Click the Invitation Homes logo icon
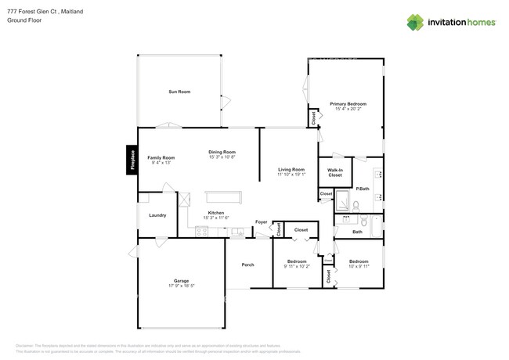click(x=415, y=22)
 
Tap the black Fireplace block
click(x=132, y=160)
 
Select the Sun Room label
click(x=179, y=92)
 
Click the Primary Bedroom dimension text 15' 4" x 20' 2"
click(x=348, y=109)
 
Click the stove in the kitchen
click(x=201, y=230)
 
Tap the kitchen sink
click(x=236, y=231)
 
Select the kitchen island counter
click(x=222, y=196)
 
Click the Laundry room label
click(x=157, y=214)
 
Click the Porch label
click(x=247, y=265)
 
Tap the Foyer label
click(x=262, y=222)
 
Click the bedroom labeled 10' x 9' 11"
click(x=358, y=264)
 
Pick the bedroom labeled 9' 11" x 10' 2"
click(x=296, y=264)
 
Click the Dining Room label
click(x=222, y=154)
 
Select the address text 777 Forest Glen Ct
click(x=34, y=12)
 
